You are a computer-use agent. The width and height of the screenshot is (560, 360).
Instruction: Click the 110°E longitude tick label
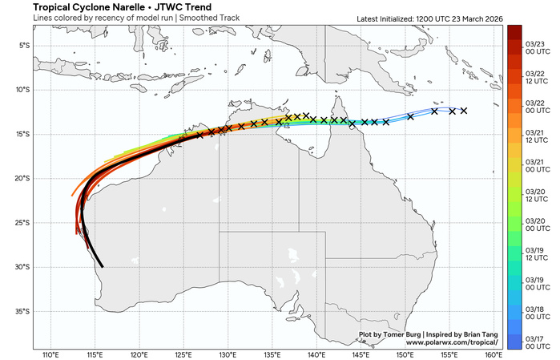coord(50,354)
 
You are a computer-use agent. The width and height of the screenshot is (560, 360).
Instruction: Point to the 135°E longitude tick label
coord(272,354)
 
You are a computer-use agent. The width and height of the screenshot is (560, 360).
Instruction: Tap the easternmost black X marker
coord(463,111)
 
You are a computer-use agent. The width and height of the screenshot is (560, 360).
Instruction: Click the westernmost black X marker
coord(199,136)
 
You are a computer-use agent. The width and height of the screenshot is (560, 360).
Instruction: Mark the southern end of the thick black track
coord(102,265)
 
